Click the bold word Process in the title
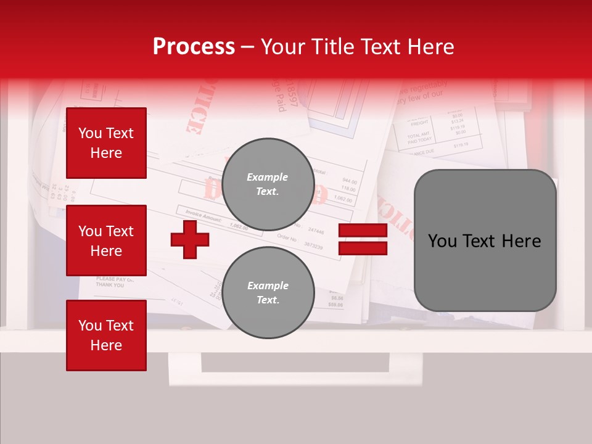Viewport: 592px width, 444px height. click(194, 46)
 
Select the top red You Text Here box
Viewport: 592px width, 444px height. click(106, 143)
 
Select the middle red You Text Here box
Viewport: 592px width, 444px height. click(106, 240)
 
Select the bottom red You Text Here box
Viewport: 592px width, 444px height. click(106, 335)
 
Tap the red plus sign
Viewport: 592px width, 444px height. click(190, 239)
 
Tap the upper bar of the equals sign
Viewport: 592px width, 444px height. click(363, 231)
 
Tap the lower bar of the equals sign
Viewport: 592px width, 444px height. click(363, 248)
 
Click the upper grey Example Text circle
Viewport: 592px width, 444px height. click(268, 184)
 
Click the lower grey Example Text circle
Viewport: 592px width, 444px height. click(268, 292)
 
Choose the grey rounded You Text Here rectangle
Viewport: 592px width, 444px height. click(485, 240)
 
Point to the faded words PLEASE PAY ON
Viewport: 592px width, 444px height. click(115, 279)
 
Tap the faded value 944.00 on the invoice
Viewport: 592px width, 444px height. click(349, 181)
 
